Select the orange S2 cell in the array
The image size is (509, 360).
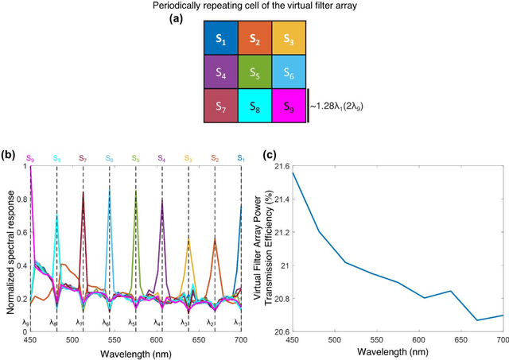pyautogui.click(x=254, y=37)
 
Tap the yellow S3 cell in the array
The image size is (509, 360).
pyautogui.click(x=288, y=37)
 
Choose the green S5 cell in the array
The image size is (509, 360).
pyautogui.click(x=254, y=70)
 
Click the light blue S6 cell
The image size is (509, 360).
pyautogui.click(x=288, y=70)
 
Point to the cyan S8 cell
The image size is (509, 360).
pyautogui.click(x=254, y=104)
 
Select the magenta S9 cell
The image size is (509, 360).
pyautogui.click(x=288, y=104)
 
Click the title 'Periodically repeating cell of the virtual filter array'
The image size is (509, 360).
pyautogui.click(x=254, y=6)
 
